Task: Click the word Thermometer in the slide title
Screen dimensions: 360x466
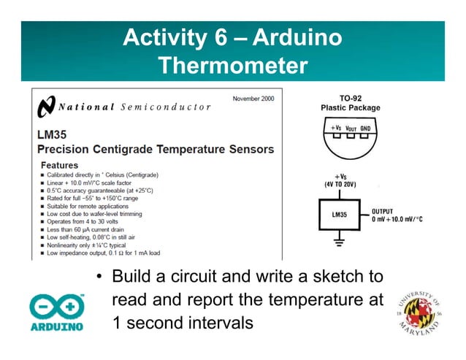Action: point(232,66)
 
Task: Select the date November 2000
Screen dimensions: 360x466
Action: point(255,99)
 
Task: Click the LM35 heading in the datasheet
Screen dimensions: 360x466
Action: point(52,135)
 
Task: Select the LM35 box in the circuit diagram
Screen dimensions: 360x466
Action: point(340,215)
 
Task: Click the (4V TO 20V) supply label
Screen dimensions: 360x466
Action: point(340,184)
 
